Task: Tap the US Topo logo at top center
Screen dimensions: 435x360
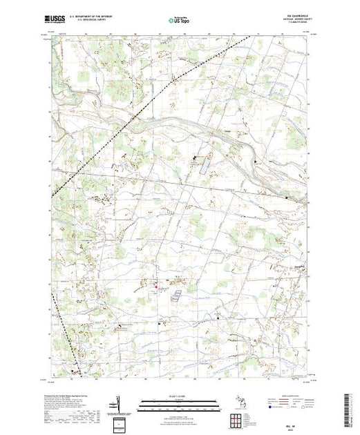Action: tap(180, 21)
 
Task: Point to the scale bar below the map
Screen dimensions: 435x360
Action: tap(180, 404)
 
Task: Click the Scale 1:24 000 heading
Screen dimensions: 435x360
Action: tap(180, 396)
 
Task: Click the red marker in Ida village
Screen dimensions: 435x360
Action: tap(156, 286)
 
